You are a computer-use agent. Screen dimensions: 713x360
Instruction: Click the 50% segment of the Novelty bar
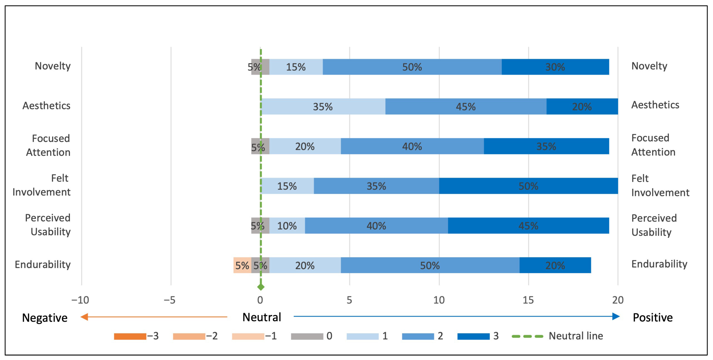point(412,67)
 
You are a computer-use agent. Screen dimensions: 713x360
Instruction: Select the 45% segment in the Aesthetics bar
point(466,106)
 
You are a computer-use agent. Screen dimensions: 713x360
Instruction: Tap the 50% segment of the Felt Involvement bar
point(528,186)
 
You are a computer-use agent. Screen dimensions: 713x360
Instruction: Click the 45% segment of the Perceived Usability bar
point(528,226)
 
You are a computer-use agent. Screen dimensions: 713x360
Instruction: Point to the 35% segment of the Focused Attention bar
point(546,146)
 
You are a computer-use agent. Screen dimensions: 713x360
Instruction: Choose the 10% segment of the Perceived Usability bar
point(287,226)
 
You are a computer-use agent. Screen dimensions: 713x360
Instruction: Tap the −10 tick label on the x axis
point(80,300)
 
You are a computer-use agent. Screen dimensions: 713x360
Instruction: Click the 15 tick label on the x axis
point(528,300)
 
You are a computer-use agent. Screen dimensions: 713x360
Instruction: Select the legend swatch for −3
point(130,336)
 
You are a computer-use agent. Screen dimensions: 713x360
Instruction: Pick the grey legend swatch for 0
point(307,336)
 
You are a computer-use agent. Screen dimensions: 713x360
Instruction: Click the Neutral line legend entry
point(557,336)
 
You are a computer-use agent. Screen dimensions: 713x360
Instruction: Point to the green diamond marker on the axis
point(261,287)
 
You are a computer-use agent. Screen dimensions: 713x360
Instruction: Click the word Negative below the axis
point(45,318)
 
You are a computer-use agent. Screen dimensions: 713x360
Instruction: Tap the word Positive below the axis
point(653,317)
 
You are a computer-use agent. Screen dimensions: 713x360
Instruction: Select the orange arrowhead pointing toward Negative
point(84,317)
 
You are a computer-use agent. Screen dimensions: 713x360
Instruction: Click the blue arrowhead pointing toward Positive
point(616,316)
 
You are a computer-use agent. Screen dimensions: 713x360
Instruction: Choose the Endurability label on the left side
point(43,264)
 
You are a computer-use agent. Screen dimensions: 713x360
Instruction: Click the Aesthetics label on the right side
point(655,105)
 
